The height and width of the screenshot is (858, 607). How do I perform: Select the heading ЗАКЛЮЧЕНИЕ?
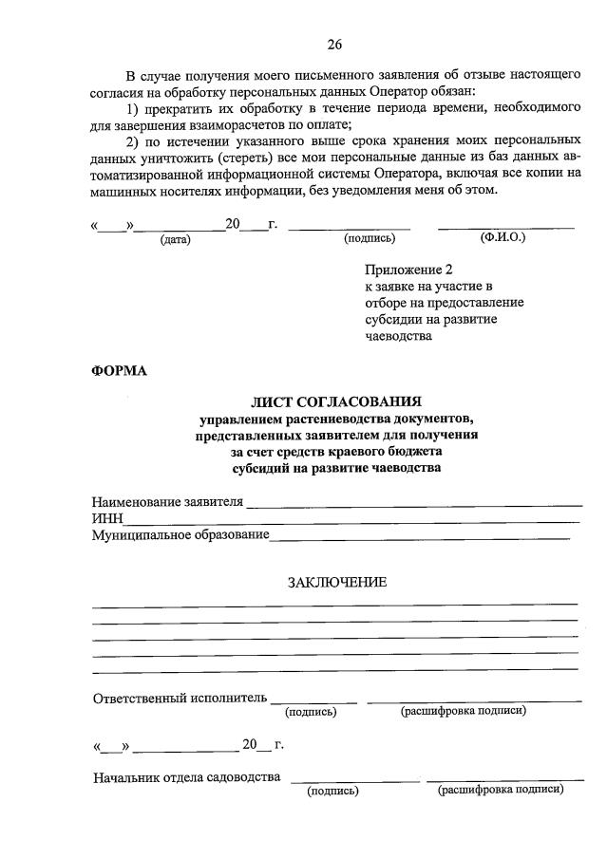337,582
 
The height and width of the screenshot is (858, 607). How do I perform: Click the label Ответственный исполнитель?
180,699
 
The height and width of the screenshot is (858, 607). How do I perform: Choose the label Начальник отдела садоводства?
186,778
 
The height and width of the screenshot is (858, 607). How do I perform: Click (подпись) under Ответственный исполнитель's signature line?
313,711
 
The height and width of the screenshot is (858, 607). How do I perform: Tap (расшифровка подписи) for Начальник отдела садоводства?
500,790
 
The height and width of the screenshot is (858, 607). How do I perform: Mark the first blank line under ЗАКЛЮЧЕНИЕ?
334,604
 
